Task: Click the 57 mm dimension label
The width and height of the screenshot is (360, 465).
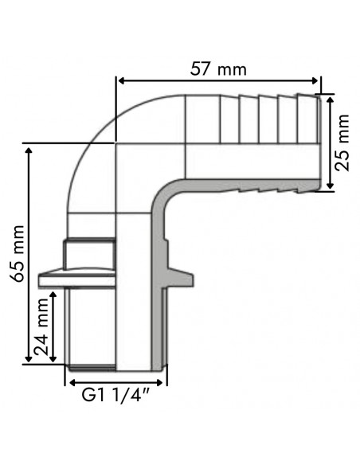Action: pyautogui.click(x=220, y=68)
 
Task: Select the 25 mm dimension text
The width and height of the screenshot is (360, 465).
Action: pyautogui.click(x=342, y=143)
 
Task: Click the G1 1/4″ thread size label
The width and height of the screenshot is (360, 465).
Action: pyautogui.click(x=116, y=394)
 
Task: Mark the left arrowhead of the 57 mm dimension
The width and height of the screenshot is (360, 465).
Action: pyautogui.click(x=122, y=80)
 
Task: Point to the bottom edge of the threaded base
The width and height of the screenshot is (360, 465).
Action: pyautogui.click(x=115, y=369)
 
